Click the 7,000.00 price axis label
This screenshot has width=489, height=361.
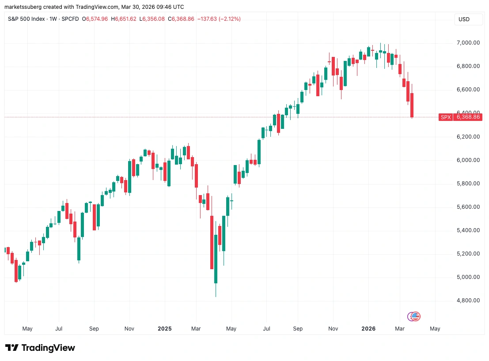(467, 43)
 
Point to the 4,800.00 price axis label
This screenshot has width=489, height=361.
(467, 301)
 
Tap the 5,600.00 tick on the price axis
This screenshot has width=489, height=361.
(467, 207)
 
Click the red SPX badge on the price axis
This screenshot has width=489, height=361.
(445, 117)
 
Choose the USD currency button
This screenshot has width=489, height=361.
(464, 19)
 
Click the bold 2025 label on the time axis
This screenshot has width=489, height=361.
(164, 329)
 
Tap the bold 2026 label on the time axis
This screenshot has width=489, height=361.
(368, 329)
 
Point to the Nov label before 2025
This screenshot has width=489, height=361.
(129, 329)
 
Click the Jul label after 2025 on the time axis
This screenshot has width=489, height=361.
(266, 329)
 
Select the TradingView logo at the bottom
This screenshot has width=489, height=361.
(40, 348)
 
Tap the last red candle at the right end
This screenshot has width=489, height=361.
(412, 105)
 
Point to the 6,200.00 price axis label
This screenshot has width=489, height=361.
(467, 137)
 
